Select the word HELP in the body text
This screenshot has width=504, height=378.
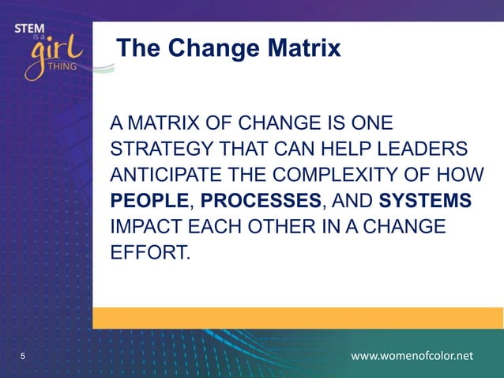coord(342,149)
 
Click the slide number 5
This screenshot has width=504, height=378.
coord(22,357)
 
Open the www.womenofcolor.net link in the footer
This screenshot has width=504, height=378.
coord(412,357)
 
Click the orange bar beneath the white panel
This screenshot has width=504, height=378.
coord(297,318)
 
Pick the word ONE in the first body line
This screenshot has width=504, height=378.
coord(369,123)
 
